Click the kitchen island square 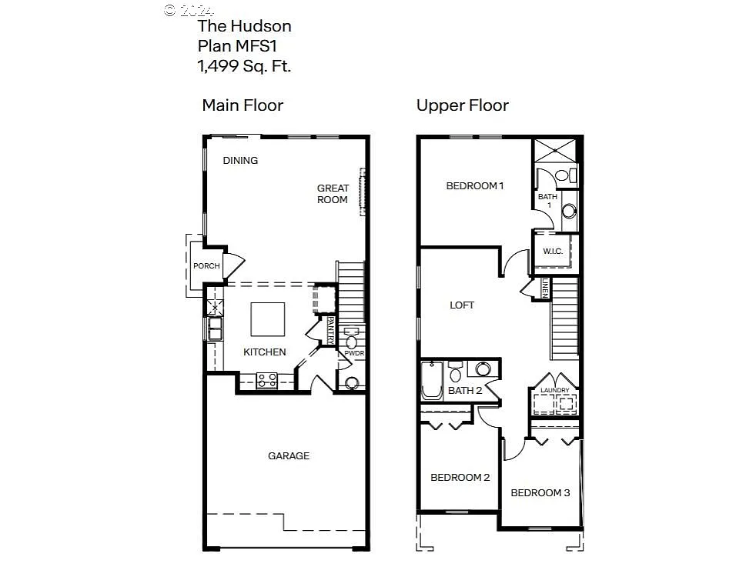(267, 319)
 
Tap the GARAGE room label (289, 456)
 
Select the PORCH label (206, 266)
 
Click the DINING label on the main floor (240, 161)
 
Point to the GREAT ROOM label (333, 194)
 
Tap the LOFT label (462, 305)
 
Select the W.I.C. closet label (554, 251)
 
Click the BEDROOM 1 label (475, 185)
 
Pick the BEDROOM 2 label (460, 478)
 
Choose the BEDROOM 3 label (540, 493)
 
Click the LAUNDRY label (554, 391)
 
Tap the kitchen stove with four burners (267, 379)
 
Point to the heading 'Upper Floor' (462, 105)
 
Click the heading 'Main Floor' (243, 105)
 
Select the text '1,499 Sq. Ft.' (244, 66)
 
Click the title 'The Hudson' (244, 26)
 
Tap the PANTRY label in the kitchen (331, 329)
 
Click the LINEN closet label (545, 289)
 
